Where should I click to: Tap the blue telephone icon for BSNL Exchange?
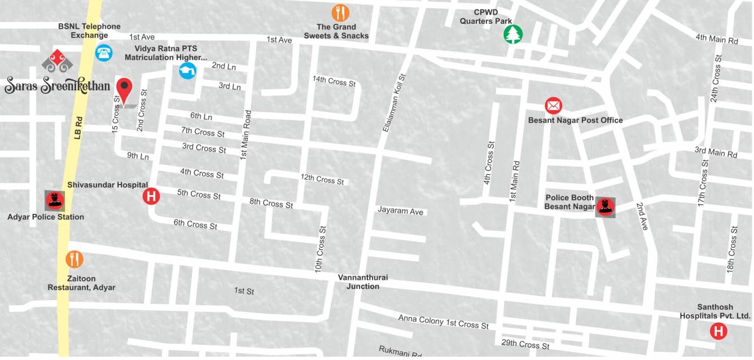click(x=104, y=52)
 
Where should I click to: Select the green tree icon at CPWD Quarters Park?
click(x=513, y=34)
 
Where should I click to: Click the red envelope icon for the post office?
click(x=553, y=106)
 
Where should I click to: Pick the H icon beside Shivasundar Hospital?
click(x=151, y=196)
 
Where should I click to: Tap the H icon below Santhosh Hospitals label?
click(x=718, y=331)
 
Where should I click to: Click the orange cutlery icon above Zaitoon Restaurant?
click(x=74, y=259)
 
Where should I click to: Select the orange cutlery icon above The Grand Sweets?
click(x=340, y=12)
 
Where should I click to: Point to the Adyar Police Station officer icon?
click(x=54, y=200)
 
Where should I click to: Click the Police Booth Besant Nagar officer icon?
click(x=605, y=207)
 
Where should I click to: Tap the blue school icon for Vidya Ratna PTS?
click(x=187, y=71)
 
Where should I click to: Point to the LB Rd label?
click(x=79, y=129)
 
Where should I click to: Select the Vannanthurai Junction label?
click(x=363, y=282)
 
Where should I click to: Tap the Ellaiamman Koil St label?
click(x=394, y=103)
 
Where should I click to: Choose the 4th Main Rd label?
click(x=716, y=39)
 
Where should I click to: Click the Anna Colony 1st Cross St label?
click(x=443, y=322)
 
